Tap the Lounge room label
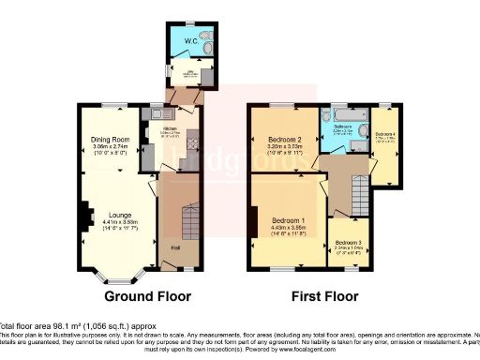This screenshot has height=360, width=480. pyautogui.click(x=119, y=213)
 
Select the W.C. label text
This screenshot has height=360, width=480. pyautogui.click(x=190, y=40)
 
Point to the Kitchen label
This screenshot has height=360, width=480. pyautogui.click(x=170, y=129)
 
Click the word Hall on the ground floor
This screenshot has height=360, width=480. pyautogui.click(x=175, y=247)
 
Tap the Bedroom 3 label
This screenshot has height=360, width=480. pyautogui.click(x=346, y=244)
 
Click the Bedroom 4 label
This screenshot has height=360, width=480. pyautogui.click(x=385, y=134)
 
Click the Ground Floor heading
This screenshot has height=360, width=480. pyautogui.click(x=147, y=295)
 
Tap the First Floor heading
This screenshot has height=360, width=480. pyautogui.click(x=323, y=295)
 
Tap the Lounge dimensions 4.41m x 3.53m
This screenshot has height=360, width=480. pyautogui.click(x=119, y=225)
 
